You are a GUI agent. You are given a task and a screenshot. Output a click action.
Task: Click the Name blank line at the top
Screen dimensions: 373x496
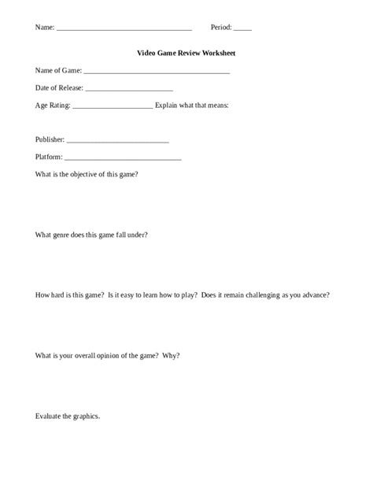click(x=124, y=29)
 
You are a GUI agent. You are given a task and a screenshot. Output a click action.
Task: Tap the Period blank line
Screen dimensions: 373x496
click(x=243, y=29)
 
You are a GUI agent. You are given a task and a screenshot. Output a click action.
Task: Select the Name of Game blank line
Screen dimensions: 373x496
click(x=157, y=72)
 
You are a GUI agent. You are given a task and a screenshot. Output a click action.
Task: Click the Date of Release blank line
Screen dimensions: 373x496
click(x=129, y=90)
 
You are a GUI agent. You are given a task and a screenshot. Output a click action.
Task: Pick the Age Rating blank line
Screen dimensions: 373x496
click(x=112, y=106)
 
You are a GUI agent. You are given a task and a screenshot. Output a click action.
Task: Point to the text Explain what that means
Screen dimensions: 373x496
click(x=192, y=105)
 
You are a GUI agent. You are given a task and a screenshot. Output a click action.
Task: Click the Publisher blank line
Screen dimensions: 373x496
click(x=118, y=142)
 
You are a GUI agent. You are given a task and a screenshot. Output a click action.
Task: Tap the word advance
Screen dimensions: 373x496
click(x=316, y=295)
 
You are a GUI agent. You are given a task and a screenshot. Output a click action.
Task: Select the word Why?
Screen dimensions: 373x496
click(x=171, y=355)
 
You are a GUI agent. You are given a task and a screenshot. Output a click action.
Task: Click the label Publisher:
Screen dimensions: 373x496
click(x=50, y=139)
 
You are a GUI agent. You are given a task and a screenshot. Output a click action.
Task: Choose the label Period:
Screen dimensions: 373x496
click(x=221, y=27)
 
